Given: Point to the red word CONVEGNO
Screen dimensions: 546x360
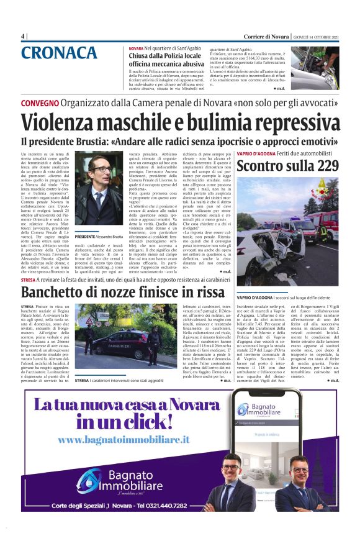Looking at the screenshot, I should pos(40,102).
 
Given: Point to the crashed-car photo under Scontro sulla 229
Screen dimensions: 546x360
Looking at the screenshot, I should pos(287,232).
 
